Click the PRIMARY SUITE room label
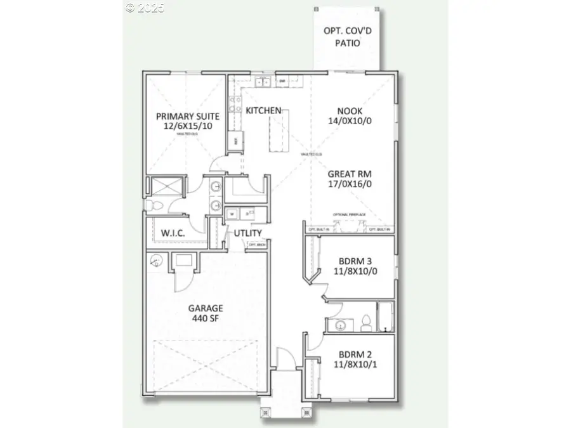(x=188, y=116)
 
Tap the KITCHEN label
(x=263, y=110)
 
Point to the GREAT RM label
(x=350, y=173)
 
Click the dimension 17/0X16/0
(x=350, y=183)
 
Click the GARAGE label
(x=205, y=309)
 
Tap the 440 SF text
(x=205, y=319)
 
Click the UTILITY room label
(x=247, y=233)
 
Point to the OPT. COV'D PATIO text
(x=347, y=37)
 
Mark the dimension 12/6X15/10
(x=188, y=127)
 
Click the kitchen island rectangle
(x=277, y=130)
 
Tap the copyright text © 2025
(x=145, y=8)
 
